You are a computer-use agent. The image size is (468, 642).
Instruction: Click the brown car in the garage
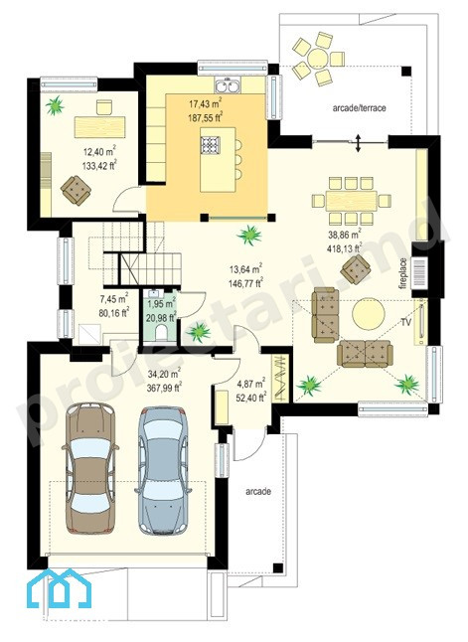tap(90, 468)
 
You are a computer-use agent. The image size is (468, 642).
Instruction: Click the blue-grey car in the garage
tap(163, 470)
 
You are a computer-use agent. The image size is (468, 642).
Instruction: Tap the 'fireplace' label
tap(404, 273)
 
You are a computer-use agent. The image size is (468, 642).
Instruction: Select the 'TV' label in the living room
tap(405, 322)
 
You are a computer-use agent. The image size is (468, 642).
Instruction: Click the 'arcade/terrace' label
tap(359, 108)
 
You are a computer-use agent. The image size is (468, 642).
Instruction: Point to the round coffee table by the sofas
tap(369, 314)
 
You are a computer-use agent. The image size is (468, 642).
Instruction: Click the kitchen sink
tap(228, 86)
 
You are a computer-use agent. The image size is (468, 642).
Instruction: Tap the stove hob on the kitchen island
tap(211, 145)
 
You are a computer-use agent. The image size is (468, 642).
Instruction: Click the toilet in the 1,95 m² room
tap(161, 333)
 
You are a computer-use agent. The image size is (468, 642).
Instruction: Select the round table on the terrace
tap(318, 59)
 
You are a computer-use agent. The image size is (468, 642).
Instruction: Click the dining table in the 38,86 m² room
tap(352, 201)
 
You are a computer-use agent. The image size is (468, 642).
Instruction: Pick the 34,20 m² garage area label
tap(164, 381)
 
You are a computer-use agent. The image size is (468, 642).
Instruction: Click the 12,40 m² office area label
tap(100, 159)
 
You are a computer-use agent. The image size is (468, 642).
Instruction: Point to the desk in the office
tap(100, 127)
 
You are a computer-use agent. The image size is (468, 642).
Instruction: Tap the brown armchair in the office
tap(76, 190)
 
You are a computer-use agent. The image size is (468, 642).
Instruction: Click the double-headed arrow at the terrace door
tap(359, 143)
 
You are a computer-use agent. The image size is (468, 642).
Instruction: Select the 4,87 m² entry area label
tap(251, 391)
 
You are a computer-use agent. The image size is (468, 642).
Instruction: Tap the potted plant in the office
tap(55, 105)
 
